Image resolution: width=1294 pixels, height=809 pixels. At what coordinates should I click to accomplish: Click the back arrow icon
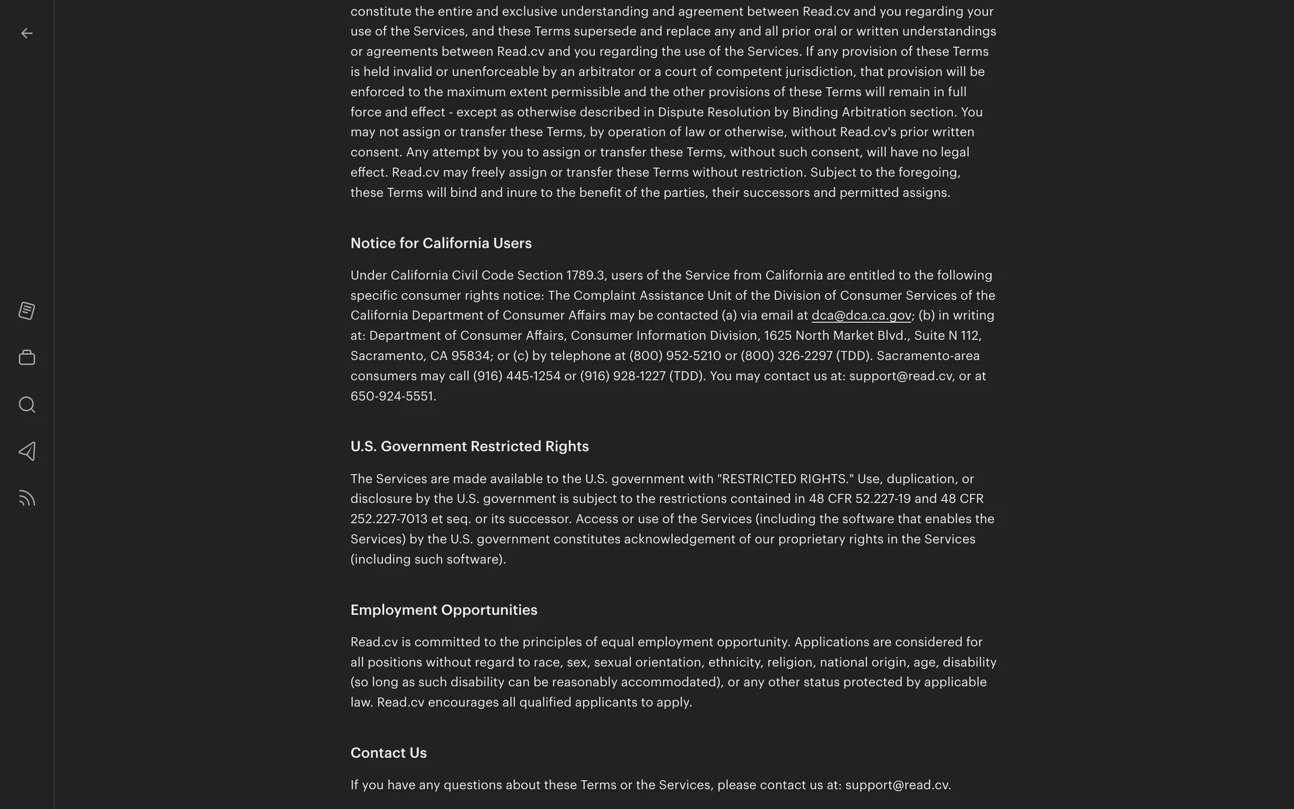click(27, 34)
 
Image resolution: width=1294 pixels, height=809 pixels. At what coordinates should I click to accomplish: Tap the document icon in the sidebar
click(27, 311)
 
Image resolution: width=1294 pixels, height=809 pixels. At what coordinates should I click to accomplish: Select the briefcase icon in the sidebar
click(27, 358)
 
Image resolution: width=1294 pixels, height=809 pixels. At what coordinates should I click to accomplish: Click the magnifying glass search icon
click(27, 404)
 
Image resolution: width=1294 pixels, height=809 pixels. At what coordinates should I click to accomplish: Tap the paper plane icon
click(27, 452)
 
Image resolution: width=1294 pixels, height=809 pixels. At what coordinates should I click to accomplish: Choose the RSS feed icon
click(27, 499)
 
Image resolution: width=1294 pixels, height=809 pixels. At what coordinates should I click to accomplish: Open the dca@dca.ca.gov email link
click(861, 316)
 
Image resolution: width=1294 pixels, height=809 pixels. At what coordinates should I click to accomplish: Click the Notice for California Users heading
click(441, 243)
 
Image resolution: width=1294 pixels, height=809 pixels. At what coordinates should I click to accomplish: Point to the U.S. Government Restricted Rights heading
click(469, 446)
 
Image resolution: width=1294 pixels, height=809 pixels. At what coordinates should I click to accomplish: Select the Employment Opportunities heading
click(443, 610)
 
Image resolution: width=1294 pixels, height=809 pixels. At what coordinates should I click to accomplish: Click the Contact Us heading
click(388, 753)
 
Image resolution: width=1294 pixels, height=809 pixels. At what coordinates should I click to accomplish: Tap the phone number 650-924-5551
click(392, 396)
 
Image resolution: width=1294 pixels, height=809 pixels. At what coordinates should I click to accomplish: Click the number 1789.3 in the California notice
click(585, 276)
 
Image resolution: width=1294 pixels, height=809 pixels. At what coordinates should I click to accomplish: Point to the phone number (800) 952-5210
click(675, 356)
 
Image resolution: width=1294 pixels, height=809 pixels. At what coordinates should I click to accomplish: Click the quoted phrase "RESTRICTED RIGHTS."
click(785, 479)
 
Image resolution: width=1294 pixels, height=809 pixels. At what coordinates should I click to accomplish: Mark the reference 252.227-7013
click(389, 519)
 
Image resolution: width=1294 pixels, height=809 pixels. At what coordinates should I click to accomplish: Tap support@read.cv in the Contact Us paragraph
click(896, 785)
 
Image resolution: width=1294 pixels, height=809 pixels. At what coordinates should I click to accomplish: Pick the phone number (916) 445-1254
click(516, 376)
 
